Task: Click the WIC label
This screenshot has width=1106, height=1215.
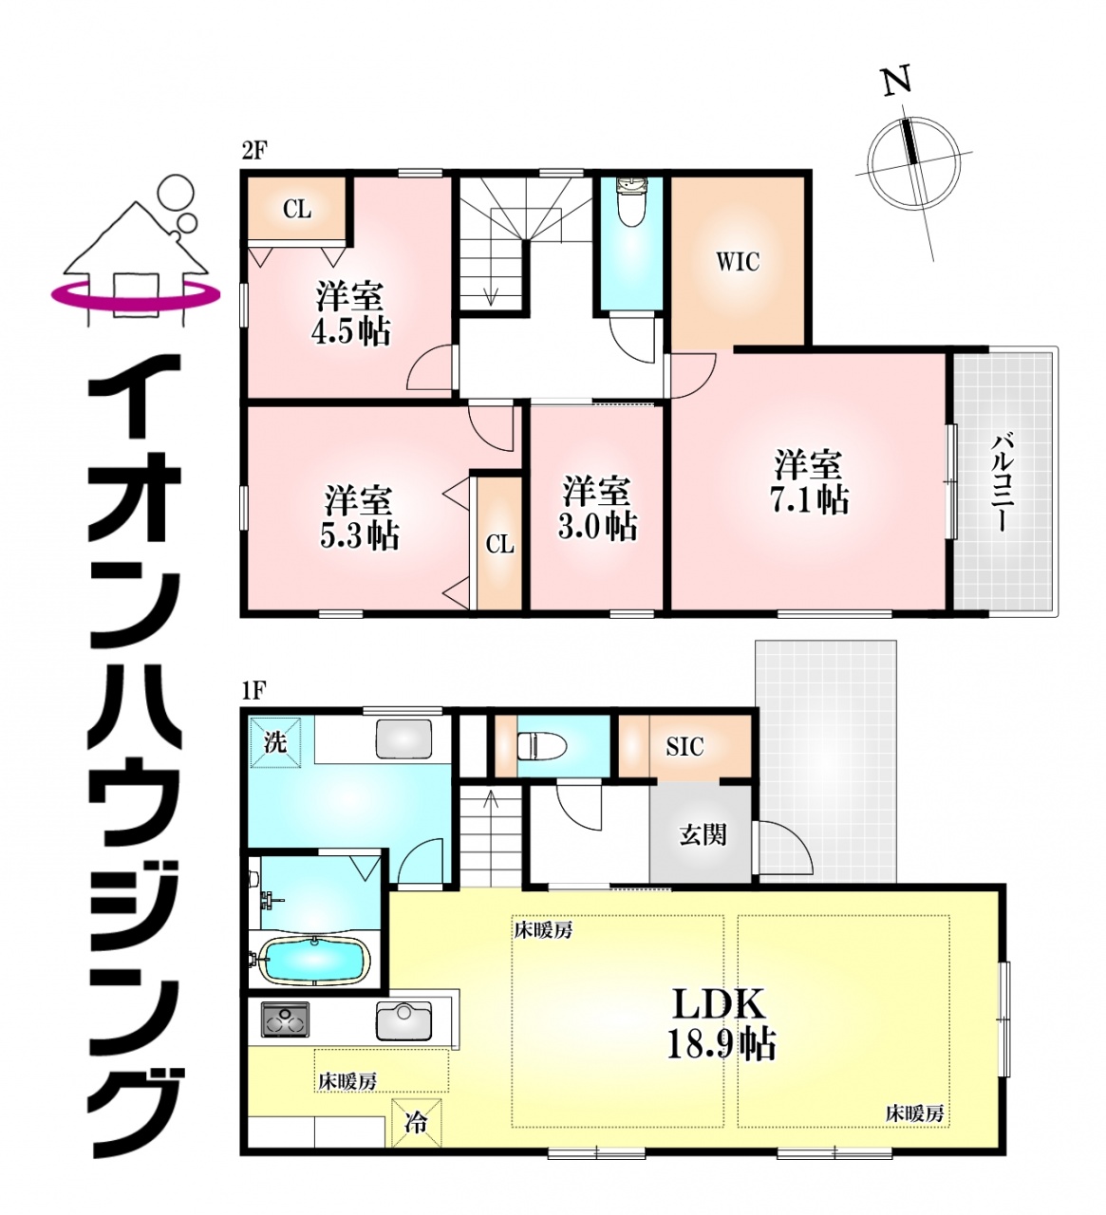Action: click(737, 262)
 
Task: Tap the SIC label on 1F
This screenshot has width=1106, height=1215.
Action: click(684, 747)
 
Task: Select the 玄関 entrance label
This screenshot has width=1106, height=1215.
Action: click(703, 836)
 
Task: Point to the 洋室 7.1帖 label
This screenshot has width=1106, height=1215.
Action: click(810, 481)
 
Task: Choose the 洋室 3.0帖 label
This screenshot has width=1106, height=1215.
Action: click(596, 508)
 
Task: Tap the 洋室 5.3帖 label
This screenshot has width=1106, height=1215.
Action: click(359, 516)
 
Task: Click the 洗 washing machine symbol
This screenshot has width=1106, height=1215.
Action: click(275, 743)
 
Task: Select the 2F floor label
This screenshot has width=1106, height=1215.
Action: click(253, 151)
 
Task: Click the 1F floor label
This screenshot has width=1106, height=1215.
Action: click(253, 690)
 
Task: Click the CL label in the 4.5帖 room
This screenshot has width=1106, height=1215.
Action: click(297, 210)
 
